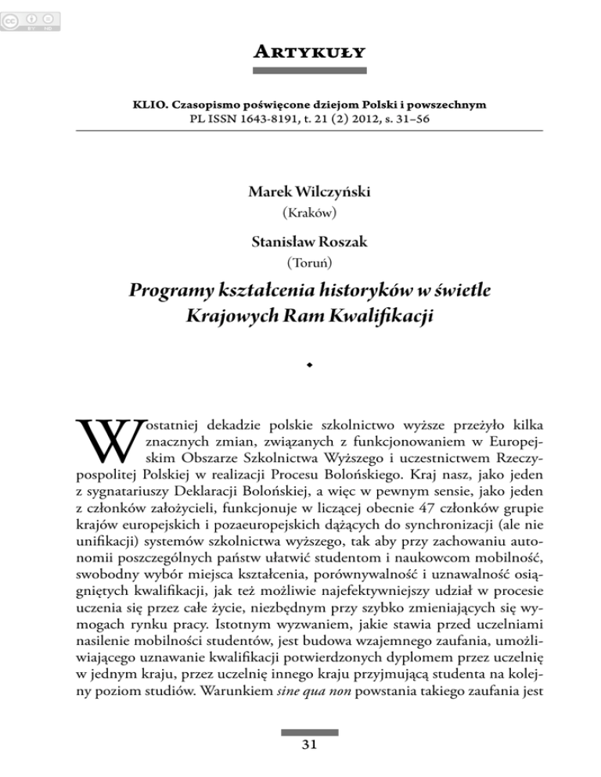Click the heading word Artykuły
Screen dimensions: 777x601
pos(300,53)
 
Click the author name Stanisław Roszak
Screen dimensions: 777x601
pos(300,242)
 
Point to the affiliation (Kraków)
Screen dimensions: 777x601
pos(300,212)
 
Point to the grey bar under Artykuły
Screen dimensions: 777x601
pos(300,71)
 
